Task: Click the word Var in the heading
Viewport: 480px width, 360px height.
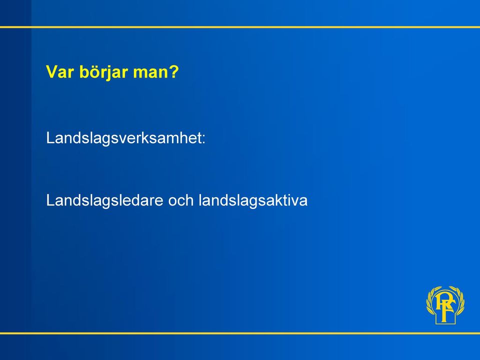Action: tap(60, 72)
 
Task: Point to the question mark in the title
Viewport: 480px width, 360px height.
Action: tap(173, 72)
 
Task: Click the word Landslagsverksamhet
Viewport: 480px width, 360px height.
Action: tap(124, 138)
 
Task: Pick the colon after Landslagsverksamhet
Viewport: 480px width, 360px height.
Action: tap(204, 140)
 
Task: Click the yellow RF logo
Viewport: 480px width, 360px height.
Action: tap(445, 305)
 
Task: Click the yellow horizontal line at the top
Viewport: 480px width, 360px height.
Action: tap(240, 27)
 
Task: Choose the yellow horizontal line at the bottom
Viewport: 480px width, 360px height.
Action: tap(240, 333)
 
